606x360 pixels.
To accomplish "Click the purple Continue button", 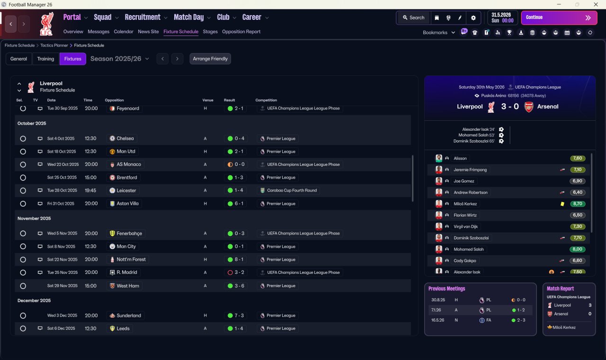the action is [559, 18].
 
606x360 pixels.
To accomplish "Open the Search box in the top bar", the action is [414, 18].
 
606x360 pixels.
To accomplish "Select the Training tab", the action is [45, 59].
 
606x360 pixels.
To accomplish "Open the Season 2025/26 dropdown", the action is [120, 59].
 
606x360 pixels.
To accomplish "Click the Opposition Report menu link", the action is [241, 32].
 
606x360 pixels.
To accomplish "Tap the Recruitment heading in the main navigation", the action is [143, 18].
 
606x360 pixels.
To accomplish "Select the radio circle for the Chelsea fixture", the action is [23, 139].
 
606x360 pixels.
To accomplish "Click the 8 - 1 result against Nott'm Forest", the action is [235, 260].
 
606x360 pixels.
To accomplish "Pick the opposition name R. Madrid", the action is [126, 272].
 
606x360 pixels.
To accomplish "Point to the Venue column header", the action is [208, 100].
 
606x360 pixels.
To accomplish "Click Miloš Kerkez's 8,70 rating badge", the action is [578, 204].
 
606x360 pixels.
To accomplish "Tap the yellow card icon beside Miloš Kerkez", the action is [562, 204].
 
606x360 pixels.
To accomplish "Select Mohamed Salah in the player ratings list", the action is [469, 249].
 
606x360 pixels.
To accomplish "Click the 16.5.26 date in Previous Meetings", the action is [438, 320].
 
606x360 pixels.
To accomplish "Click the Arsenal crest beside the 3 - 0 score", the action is [529, 107].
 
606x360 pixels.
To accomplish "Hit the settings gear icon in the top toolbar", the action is [473, 18].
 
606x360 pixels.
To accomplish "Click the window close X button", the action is [596, 4].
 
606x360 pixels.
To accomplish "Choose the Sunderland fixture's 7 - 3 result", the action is [235, 315].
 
